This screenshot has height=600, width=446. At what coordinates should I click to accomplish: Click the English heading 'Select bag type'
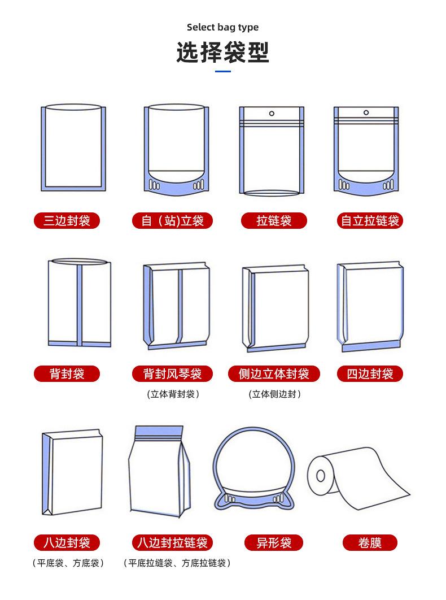(222, 27)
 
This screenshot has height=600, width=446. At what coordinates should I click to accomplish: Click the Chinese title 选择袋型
(222, 52)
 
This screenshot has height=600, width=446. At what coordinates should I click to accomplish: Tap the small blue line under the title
(223, 71)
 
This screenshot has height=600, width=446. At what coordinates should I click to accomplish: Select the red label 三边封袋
(67, 220)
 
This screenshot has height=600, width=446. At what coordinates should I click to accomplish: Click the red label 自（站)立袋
(172, 220)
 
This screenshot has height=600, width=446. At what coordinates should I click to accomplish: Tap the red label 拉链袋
(274, 220)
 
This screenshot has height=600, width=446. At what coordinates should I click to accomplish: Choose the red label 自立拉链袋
(370, 220)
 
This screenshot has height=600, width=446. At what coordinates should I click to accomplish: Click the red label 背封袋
(67, 373)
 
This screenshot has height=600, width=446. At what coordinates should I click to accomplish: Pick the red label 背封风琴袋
(172, 373)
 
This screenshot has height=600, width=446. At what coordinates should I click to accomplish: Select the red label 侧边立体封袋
(274, 373)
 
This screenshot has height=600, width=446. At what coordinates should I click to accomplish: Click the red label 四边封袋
(370, 373)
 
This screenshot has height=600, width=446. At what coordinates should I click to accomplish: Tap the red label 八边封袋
(67, 543)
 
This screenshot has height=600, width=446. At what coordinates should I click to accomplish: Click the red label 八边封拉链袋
(172, 543)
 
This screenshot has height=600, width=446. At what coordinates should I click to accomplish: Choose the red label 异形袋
(274, 543)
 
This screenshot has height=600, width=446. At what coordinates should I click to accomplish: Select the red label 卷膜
(370, 543)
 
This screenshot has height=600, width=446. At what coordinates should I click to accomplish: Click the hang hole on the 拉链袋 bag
(272, 114)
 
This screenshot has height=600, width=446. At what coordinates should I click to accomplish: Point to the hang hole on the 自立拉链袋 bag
(367, 114)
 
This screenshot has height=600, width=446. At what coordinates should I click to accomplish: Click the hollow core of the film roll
(321, 476)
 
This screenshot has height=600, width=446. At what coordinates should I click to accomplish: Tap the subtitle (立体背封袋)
(173, 394)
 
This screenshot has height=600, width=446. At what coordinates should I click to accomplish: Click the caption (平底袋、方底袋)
(67, 563)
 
